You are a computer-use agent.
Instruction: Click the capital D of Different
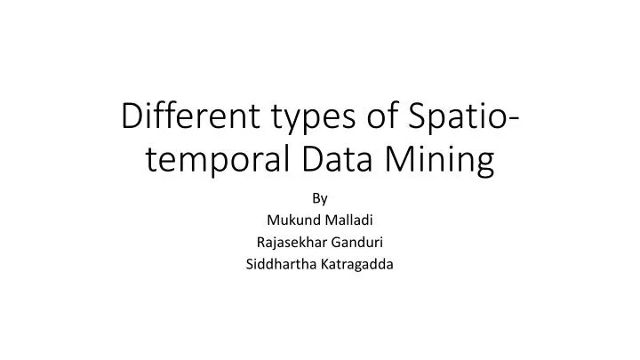tap(129, 117)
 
